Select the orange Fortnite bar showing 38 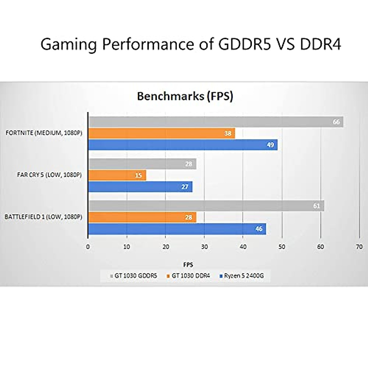[x=162, y=133]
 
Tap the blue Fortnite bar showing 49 [x=183, y=145]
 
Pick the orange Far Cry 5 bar [x=117, y=175]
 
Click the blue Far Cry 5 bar [x=140, y=187]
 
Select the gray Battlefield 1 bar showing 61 [x=206, y=206]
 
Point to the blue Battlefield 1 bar [x=177, y=229]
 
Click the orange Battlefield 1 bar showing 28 [x=142, y=217]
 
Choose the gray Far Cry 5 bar [x=142, y=164]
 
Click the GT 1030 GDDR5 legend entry [x=134, y=276]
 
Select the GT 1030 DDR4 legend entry [x=188, y=276]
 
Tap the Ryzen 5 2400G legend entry [x=242, y=276]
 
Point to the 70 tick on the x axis [x=359, y=247]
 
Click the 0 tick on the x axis [x=88, y=247]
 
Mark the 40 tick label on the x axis [x=243, y=247]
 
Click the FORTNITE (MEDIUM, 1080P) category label [x=44, y=133]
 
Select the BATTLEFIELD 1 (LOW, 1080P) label [x=43, y=217]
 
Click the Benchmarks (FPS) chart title [x=185, y=96]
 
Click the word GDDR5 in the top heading [x=245, y=44]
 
